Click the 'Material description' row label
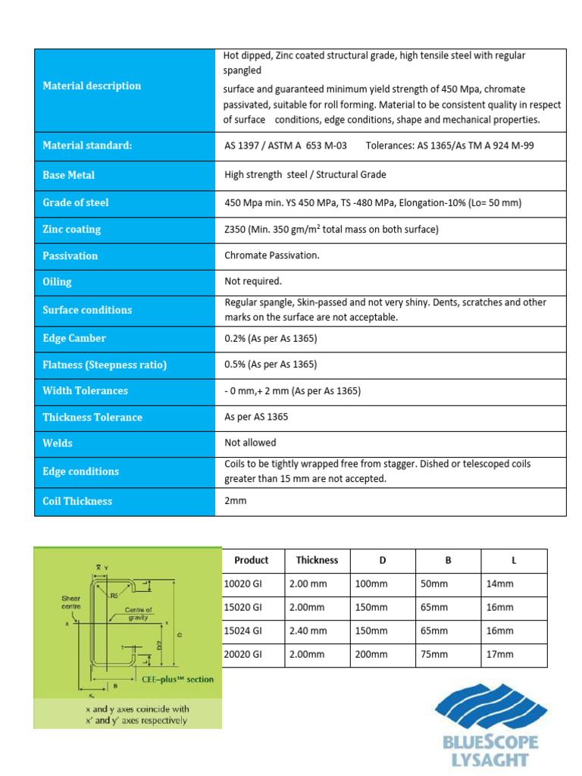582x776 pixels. pos(92,86)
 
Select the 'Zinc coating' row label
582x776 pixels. pos(71,229)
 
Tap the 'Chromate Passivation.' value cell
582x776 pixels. pos(272,255)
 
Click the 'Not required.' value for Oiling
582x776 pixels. pos(253,281)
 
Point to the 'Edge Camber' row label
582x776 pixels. pos(74,338)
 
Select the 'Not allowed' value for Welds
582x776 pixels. pos(250,443)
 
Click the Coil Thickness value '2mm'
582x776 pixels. pos(236,501)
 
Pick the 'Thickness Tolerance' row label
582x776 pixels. pos(92,417)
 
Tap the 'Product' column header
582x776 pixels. pos(251,560)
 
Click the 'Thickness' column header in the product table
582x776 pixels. pos(317,560)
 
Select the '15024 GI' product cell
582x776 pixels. pos(243,630)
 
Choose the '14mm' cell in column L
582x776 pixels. pos(500,584)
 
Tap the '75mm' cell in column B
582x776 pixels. pos(434,654)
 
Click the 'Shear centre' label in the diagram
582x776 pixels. pos(70,602)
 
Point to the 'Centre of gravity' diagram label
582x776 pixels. pos(139,613)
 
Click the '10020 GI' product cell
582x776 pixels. pos(243,584)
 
